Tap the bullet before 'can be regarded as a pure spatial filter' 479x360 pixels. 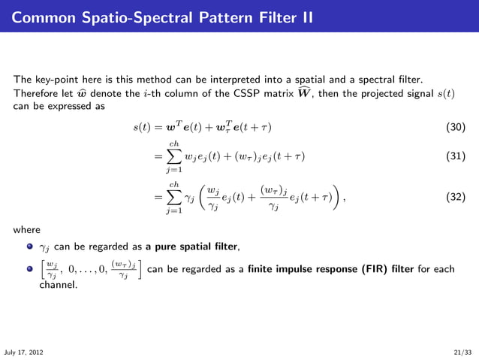click(x=30, y=246)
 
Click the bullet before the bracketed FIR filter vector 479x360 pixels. click(x=30, y=268)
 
